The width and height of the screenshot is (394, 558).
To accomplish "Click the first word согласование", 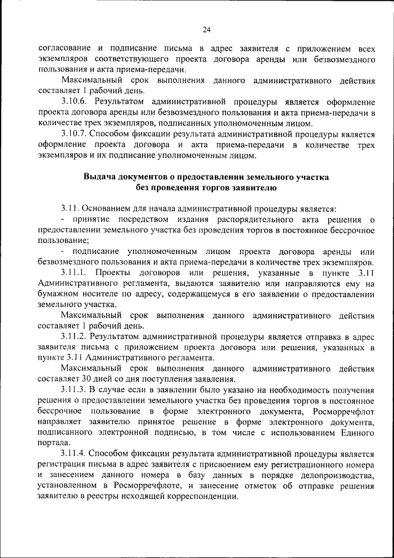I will (63, 47).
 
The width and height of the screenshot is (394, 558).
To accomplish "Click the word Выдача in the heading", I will (102, 177).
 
